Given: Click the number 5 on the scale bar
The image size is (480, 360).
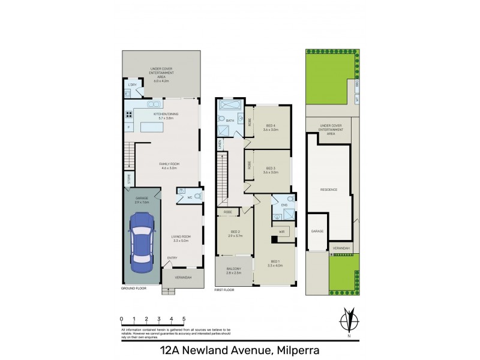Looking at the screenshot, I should tap(184, 319).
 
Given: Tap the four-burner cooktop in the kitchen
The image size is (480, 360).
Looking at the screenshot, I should tap(128, 115).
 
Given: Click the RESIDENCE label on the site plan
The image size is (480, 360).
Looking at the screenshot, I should tap(329, 190).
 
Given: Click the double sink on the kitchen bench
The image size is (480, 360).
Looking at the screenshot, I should tap(163, 103).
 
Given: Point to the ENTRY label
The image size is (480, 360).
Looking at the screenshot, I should tap(172, 258).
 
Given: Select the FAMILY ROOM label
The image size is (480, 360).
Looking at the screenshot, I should tap(169, 164).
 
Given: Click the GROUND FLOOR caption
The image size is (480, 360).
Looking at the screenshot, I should tap(134, 289).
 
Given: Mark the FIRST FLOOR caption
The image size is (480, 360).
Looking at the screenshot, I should tap(226, 289).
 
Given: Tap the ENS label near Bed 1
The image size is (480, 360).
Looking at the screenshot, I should tap(284, 205).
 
